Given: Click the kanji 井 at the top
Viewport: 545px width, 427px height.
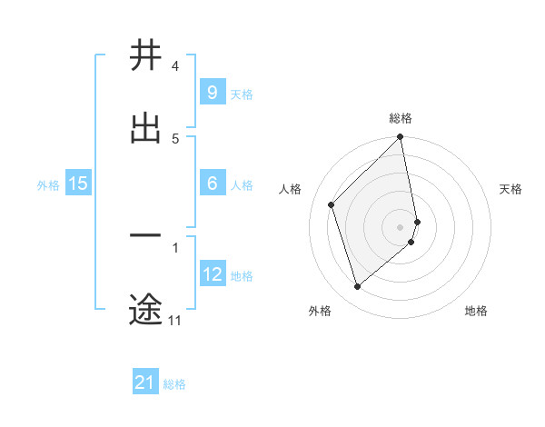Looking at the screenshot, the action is click(145, 55).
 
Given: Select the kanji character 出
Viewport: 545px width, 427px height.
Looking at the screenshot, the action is click(145, 128).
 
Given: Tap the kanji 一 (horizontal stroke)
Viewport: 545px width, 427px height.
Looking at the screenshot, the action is click(145, 237).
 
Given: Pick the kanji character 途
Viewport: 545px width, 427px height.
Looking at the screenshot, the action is click(145, 309).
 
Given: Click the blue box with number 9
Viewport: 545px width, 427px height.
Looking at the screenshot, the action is click(212, 93).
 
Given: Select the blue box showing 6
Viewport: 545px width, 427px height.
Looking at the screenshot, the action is click(212, 184).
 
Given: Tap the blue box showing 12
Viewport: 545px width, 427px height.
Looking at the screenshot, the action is click(212, 274).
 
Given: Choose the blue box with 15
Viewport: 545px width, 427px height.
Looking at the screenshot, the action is click(78, 184).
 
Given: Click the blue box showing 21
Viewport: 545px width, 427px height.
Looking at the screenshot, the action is click(145, 382).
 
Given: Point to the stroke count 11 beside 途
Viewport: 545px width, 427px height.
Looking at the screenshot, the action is click(174, 321).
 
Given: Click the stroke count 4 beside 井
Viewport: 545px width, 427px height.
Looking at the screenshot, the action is click(175, 66).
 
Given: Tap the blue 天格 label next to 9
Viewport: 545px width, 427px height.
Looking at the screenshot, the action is click(242, 94).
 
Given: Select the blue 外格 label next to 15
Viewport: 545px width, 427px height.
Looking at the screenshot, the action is click(48, 184).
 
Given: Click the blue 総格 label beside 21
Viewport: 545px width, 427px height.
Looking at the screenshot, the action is click(174, 383).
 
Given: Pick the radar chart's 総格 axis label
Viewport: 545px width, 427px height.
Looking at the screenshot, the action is click(401, 118).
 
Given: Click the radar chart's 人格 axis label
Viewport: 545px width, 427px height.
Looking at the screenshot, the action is click(291, 189).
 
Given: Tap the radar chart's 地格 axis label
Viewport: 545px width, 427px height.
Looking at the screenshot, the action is click(476, 311).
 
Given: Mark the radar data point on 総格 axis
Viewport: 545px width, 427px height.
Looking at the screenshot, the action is click(401, 138).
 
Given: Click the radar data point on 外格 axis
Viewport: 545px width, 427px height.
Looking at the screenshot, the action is click(357, 287).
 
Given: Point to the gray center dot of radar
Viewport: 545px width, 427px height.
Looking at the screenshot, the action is click(401, 226).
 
